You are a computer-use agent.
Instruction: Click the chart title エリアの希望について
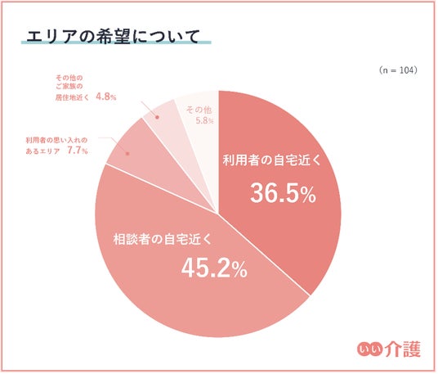[x=113, y=36]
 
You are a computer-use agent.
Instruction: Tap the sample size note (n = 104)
[x=398, y=70]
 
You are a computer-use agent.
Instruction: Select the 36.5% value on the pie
[x=284, y=193]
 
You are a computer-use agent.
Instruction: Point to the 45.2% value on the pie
[x=214, y=268]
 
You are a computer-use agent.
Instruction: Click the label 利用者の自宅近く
[x=272, y=160]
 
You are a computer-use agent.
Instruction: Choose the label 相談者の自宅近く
[x=163, y=239]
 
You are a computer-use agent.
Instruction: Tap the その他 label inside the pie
[x=199, y=110]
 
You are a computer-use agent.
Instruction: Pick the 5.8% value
[x=205, y=121]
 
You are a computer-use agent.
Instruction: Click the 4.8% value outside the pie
[x=106, y=97]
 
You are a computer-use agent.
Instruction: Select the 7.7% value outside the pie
[x=78, y=151]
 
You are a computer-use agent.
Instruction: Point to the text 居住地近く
[x=72, y=97]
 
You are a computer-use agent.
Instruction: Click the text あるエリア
[x=42, y=151]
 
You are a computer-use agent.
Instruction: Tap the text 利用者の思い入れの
[x=56, y=140]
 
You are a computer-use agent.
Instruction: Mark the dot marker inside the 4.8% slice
[x=157, y=117]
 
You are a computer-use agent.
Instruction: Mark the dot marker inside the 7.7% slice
[x=127, y=154]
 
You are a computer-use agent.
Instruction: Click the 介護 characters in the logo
[x=403, y=349]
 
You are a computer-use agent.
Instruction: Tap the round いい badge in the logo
[x=369, y=349]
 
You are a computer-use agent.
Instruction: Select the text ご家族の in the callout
[x=69, y=87]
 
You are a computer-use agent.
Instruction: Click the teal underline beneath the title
[x=116, y=43]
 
